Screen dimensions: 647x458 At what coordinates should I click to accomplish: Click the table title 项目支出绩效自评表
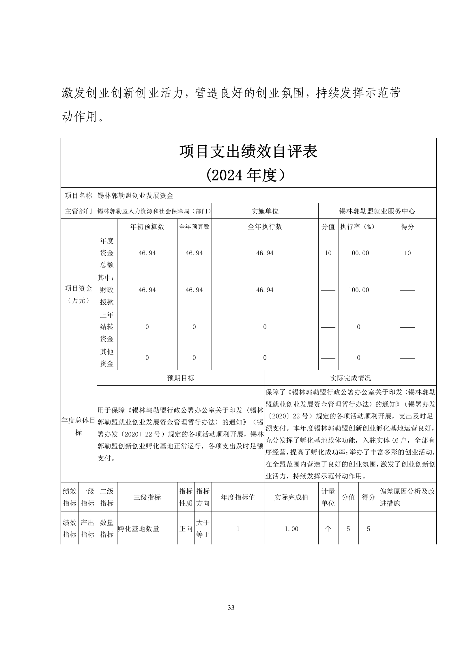coord(248,152)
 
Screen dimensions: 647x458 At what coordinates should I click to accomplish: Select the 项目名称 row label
coord(78,196)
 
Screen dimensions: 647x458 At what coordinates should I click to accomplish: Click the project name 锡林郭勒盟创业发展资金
coord(135,196)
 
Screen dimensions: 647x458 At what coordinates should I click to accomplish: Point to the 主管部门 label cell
coord(78,211)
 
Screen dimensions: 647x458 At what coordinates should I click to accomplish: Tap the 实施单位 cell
coord(265,211)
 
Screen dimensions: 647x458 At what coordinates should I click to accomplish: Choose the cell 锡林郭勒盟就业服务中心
coord(377,211)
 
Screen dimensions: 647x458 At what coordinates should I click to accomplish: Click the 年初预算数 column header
coord(147,227)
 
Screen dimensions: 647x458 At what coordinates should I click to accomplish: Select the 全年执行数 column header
coord(265,227)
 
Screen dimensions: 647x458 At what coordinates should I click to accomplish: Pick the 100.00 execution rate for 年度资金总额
coord(358,253)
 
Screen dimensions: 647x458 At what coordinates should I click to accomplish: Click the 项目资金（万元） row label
coord(78,294)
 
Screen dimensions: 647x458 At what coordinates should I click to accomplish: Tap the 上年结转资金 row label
coord(107,327)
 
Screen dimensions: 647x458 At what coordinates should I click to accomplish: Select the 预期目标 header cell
coord(181,378)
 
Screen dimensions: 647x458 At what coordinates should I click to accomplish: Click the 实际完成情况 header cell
coord(350,378)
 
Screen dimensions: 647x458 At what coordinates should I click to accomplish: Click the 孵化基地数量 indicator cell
coord(139,529)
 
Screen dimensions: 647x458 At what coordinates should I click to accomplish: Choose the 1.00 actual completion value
coord(291,529)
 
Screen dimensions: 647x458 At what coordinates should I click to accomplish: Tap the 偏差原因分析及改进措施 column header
coord(407,497)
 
